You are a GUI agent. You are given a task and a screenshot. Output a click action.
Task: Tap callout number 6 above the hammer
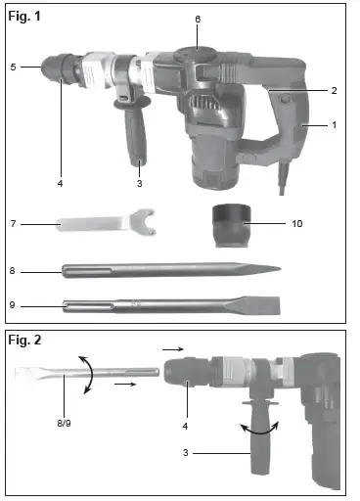click(x=197, y=19)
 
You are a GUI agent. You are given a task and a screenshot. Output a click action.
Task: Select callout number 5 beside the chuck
click(x=13, y=67)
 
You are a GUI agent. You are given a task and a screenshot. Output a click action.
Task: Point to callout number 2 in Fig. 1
click(x=334, y=90)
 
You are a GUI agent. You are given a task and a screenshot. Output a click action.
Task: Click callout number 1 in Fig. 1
click(x=334, y=125)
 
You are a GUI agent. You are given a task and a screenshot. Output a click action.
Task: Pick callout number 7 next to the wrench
click(x=13, y=224)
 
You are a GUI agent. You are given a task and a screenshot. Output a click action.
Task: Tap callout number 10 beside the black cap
click(x=297, y=224)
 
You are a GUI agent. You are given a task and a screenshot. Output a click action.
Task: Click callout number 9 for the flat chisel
click(x=13, y=305)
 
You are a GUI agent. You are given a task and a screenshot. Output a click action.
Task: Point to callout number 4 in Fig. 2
click(x=185, y=427)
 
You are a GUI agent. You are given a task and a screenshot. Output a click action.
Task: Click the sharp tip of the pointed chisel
click(x=279, y=268)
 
